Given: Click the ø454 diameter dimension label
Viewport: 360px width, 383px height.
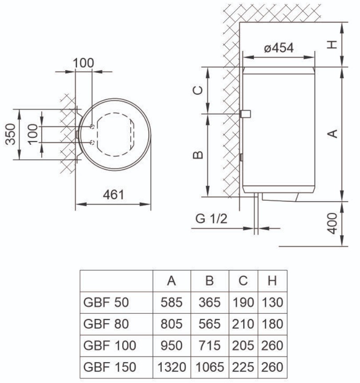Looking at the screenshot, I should tap(279, 48).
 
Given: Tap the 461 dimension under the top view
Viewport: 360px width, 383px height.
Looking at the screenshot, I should tap(113, 194).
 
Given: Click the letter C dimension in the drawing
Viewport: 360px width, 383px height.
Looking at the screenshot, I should tap(199, 90).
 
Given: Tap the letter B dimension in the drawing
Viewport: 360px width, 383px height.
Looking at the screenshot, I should tap(199, 155).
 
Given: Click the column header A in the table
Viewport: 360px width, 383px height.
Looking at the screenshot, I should tap(172, 281).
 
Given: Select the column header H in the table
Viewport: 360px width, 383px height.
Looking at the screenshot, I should tap(272, 281).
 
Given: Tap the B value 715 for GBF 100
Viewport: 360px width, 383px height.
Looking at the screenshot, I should tap(209, 346).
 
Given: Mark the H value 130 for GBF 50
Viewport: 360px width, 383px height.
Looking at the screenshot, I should tap(272, 303).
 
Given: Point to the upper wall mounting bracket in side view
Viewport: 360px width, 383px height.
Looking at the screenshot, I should tap(246, 114).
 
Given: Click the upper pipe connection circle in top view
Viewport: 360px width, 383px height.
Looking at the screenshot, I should tap(92, 127).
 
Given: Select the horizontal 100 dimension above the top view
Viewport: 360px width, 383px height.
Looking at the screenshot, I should tap(83, 63).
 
